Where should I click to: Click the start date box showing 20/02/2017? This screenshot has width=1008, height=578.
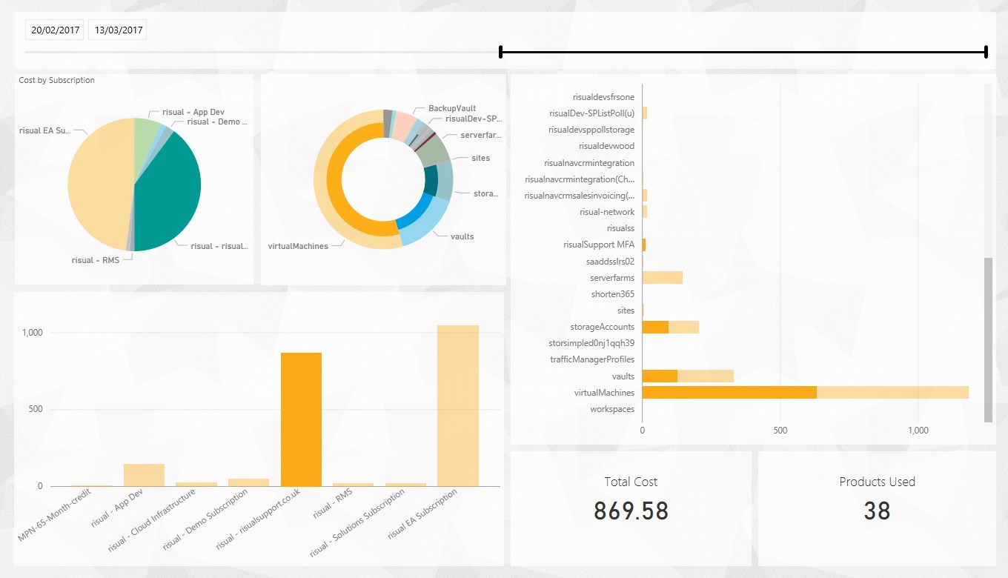54,30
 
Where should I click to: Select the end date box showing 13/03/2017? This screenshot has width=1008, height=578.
117,30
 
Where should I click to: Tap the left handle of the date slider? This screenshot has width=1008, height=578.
501,52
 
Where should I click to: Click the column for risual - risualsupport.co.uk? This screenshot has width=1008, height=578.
301,419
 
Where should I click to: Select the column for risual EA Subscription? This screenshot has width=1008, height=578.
458,405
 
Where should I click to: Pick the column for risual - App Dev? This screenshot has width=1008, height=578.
144,475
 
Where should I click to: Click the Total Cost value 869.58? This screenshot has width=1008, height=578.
631,511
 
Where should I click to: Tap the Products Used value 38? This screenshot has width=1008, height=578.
877,511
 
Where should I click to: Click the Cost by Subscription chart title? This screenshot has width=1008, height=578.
57,80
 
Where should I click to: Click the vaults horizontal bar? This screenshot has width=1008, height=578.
687,376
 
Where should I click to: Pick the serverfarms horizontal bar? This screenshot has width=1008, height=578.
662,278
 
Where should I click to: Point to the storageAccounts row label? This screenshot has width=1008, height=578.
602,327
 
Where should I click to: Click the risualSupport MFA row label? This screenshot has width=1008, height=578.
598,245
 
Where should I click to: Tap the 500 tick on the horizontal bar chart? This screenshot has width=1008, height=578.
780,430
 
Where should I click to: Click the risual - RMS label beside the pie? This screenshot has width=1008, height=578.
95,261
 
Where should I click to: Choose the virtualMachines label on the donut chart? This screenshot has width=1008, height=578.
297,246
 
